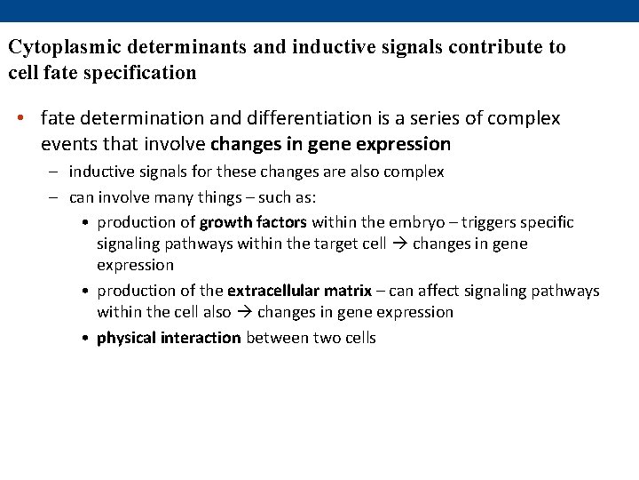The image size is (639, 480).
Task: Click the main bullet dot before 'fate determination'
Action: pos(28,119)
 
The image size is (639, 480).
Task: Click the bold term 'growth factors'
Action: pos(253,222)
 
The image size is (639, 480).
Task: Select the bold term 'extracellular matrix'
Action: pos(299,291)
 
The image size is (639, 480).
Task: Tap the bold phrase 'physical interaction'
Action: pos(169,338)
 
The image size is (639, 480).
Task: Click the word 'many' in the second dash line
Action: pos(174,196)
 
